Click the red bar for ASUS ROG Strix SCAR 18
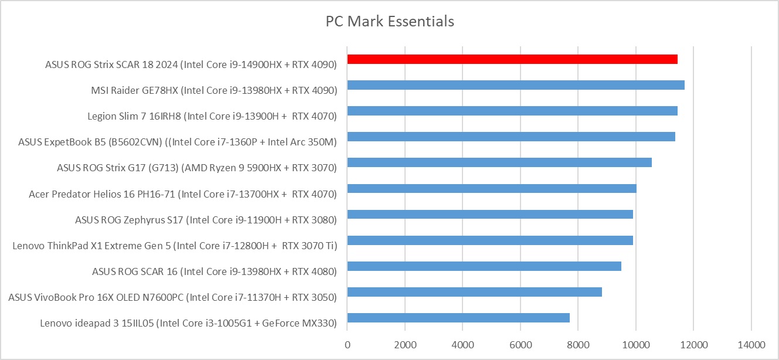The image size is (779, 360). pos(512,59)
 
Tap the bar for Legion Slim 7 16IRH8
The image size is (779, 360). pos(512,111)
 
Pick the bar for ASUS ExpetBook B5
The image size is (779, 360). pos(511,137)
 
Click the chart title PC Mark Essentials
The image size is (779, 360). pos(390,22)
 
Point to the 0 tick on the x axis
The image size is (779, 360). pos(348,344)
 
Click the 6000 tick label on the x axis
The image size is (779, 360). pos(521,344)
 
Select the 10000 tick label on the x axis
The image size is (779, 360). pos(636,344)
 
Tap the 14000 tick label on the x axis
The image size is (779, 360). pos(751,344)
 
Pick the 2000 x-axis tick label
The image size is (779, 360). pos(405,344)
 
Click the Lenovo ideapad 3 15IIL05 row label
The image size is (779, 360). pos(188,323)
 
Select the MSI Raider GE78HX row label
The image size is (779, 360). pos(214,90)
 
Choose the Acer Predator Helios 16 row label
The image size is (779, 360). pos(183,193)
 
